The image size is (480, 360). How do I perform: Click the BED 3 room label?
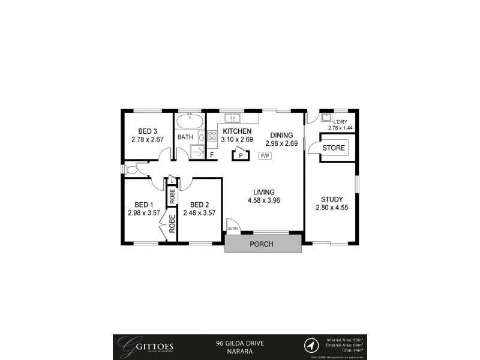tap(148, 131)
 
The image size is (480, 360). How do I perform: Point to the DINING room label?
tap(281, 135)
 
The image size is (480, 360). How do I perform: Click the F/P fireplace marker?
tap(264, 155)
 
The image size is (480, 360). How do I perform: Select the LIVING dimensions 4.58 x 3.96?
tap(264, 201)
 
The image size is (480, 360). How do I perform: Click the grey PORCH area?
tap(263, 244)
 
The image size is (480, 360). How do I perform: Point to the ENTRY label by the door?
tap(233, 228)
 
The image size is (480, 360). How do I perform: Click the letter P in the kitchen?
tap(241, 155)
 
